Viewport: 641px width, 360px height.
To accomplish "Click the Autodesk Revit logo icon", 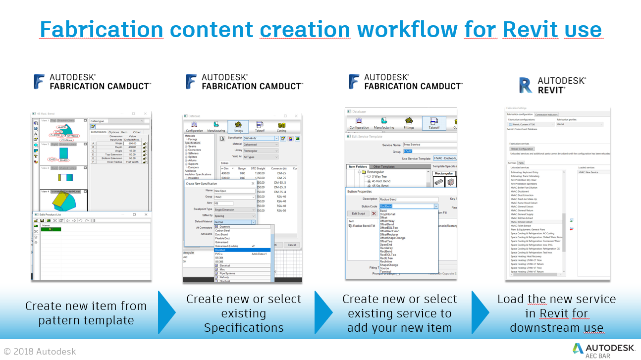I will [x=526, y=85].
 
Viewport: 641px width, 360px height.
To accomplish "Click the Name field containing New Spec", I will [x=234, y=190].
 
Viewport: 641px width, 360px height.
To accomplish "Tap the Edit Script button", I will [x=359, y=213].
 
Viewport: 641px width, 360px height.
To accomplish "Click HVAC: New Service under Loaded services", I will [x=588, y=172].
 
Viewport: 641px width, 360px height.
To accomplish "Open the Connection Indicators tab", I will [x=546, y=115].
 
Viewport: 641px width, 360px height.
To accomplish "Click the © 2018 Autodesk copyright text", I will [x=40, y=352].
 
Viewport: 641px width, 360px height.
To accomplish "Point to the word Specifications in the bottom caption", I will [x=243, y=328].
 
